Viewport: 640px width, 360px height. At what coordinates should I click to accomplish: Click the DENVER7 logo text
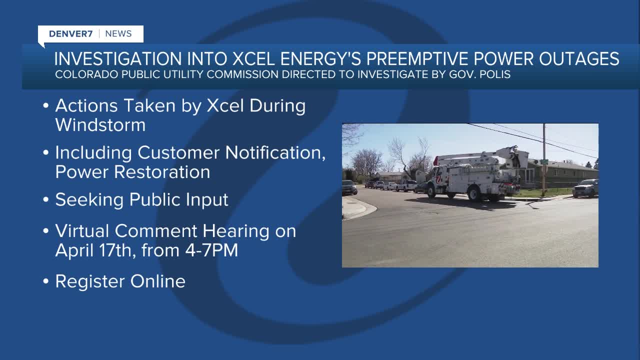click(71, 34)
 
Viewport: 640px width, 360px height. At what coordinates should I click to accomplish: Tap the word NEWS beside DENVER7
click(118, 34)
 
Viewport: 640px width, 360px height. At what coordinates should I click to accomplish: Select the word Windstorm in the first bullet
click(100, 124)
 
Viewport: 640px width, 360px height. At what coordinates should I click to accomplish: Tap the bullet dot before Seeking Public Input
click(45, 200)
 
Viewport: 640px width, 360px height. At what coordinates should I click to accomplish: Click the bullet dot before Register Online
click(45, 281)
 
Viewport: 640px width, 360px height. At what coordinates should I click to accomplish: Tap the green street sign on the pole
click(544, 161)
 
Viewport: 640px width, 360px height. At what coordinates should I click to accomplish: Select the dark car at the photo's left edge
click(349, 187)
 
